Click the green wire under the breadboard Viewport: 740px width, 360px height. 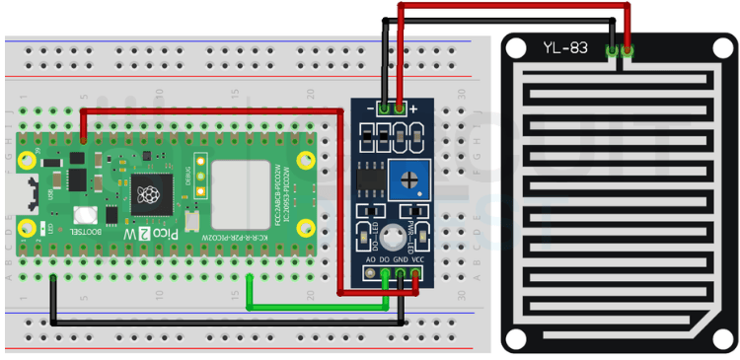point(316,307)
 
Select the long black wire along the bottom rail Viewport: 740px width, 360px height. point(227,322)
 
